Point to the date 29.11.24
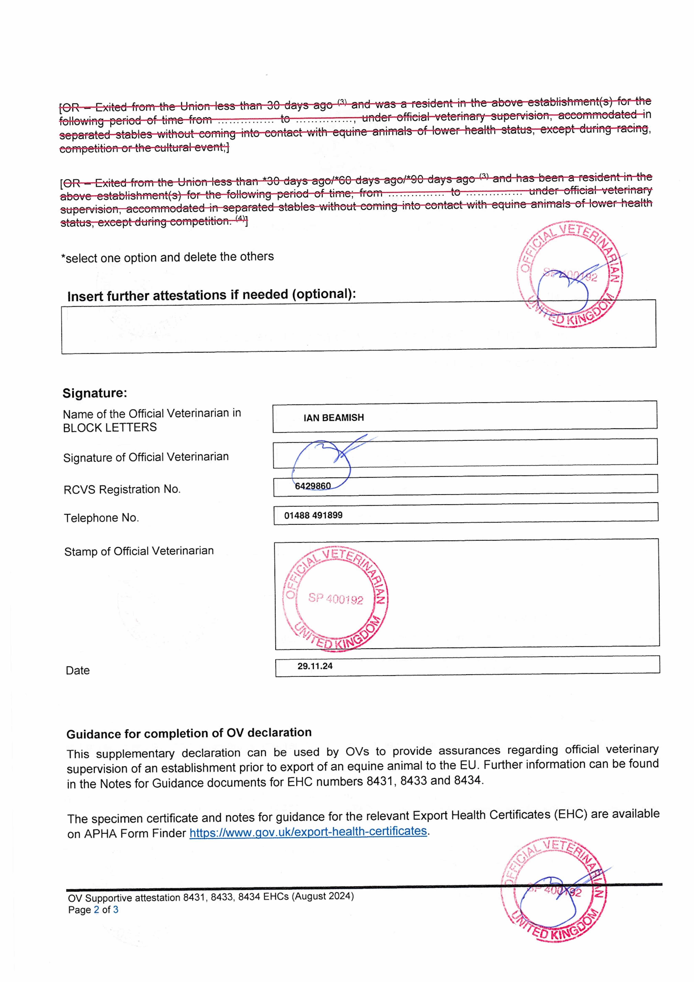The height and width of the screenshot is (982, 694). [315, 666]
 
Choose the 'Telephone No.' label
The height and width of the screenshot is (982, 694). [101, 518]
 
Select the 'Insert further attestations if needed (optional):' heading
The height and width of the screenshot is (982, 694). [211, 295]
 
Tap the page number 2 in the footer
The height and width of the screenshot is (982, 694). [97, 910]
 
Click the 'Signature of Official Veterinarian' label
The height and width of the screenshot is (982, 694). [146, 457]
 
